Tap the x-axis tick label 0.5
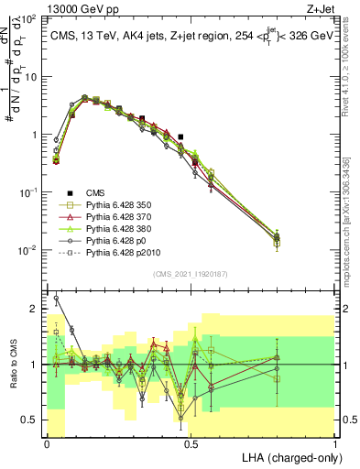pos(191,445)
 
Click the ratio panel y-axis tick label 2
pos(36,309)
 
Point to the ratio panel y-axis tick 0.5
pos(32,420)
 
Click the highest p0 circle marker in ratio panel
pos(56,298)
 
